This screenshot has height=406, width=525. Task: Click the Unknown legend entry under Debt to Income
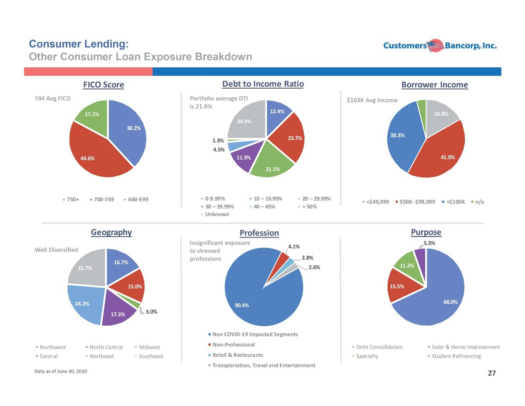(215, 214)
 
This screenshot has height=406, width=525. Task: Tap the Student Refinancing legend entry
(454, 356)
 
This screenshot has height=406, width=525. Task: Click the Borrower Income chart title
(435, 85)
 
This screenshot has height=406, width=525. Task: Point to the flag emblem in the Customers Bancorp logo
(435, 45)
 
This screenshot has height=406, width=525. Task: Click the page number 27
(492, 373)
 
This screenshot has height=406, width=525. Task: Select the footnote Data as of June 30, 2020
(61, 371)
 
